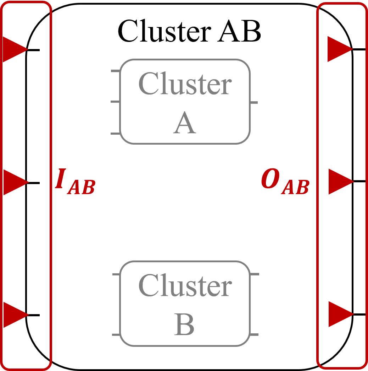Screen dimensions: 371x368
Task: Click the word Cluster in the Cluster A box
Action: coord(185,84)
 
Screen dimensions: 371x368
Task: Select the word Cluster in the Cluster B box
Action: coord(185,285)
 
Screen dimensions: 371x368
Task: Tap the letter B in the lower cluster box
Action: coord(185,324)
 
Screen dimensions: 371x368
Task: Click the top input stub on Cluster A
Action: coord(116,71)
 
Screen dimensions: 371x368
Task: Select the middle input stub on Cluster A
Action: coord(116,102)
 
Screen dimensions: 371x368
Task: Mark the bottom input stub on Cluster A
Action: coord(116,134)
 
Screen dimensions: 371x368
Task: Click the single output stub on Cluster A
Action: coord(254,103)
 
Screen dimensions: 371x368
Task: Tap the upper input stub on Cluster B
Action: coord(116,274)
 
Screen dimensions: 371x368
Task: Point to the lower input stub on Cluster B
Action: coord(116,335)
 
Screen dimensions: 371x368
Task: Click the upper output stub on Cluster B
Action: coord(255,274)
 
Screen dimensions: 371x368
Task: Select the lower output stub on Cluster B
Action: coord(254,335)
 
